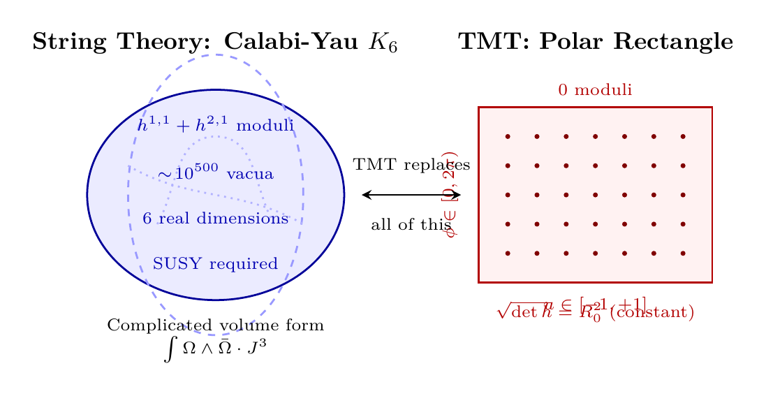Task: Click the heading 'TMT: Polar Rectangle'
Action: [x=595, y=43]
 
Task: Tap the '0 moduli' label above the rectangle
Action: [x=595, y=90]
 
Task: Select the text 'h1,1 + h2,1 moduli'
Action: [x=215, y=126]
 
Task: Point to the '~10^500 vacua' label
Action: [x=215, y=173]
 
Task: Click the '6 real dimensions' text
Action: [x=215, y=219]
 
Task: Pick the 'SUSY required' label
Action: [x=215, y=264]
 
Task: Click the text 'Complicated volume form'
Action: [x=215, y=325]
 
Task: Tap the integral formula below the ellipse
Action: [x=215, y=348]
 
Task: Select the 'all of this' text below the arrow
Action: [x=411, y=225]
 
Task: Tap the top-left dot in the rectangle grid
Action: [x=508, y=136]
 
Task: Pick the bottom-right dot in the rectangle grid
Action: [x=683, y=254]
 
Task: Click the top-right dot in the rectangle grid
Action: [x=683, y=136]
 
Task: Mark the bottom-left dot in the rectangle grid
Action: [x=508, y=254]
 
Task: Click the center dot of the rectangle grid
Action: [x=595, y=195]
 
